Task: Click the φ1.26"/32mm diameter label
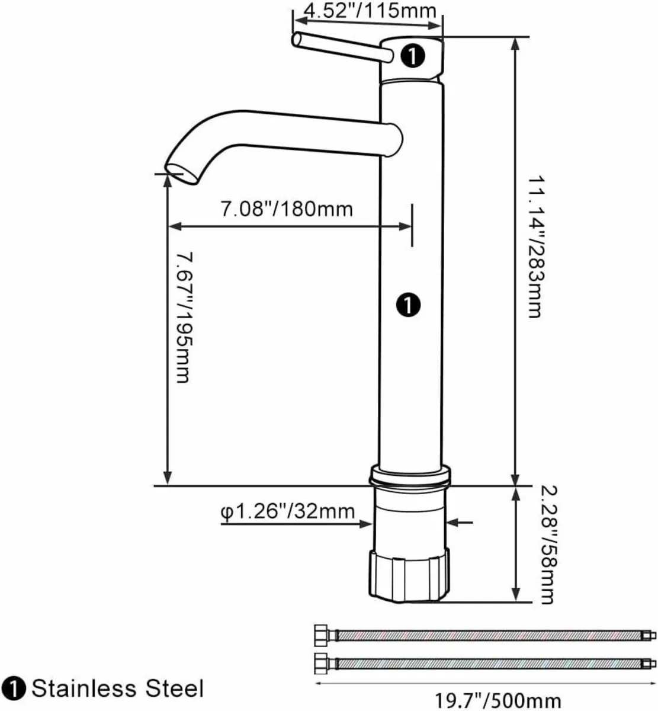[x=288, y=511]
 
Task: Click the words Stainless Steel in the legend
[x=117, y=688]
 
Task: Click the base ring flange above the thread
[x=409, y=475]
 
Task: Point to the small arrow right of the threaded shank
[x=462, y=522]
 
